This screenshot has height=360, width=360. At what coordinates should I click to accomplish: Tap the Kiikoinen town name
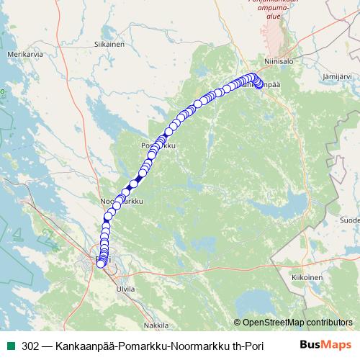[307, 276]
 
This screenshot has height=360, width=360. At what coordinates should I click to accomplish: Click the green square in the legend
[10, 345]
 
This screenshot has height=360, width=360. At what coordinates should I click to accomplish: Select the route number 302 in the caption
[30, 345]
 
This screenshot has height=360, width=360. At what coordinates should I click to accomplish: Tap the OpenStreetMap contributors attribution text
[293, 322]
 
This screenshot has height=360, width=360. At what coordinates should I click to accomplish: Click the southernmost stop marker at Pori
[100, 264]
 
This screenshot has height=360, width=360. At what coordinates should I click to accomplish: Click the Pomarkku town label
[159, 146]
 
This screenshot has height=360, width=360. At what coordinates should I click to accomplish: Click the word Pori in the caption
[253, 345]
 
